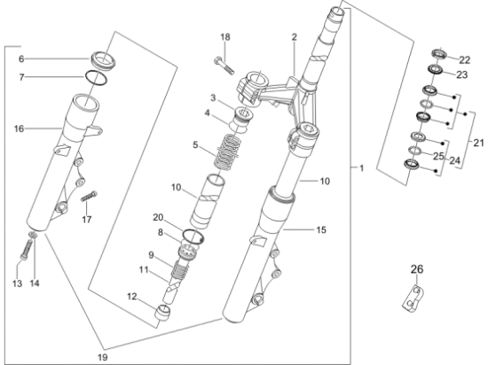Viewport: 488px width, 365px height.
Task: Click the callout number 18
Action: [x=224, y=37]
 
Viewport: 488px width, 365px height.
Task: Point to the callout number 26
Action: [x=417, y=269]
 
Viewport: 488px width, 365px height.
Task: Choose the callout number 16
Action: [x=19, y=129]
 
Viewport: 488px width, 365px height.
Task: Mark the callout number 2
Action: [x=294, y=37]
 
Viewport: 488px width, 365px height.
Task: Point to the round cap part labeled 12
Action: [x=163, y=311]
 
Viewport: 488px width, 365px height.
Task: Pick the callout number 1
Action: [x=360, y=167]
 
